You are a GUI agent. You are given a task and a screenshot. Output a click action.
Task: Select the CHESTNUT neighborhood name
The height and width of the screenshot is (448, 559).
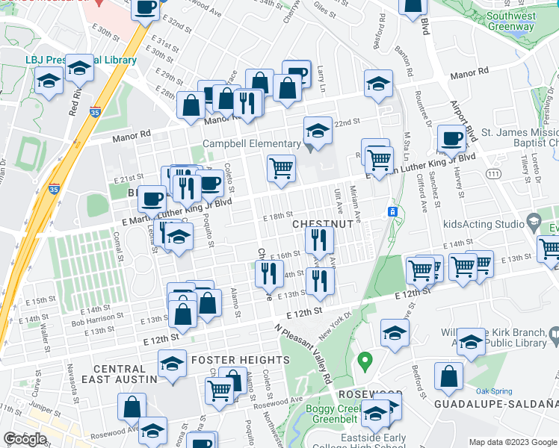tap(322, 224)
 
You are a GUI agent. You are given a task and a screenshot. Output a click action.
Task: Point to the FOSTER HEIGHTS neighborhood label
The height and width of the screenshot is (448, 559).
tap(229, 360)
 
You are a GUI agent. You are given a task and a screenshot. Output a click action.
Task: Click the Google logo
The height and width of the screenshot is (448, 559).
tap(25, 438)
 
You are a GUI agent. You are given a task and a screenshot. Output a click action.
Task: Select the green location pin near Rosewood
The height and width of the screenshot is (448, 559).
tap(365, 362)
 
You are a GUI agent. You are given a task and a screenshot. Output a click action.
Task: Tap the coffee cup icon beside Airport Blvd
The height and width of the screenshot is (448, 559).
tap(452, 140)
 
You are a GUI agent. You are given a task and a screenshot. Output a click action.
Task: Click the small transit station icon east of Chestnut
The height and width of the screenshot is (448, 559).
tap(391, 212)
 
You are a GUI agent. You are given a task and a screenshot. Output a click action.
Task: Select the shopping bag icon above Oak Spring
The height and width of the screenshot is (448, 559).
tap(450, 378)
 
